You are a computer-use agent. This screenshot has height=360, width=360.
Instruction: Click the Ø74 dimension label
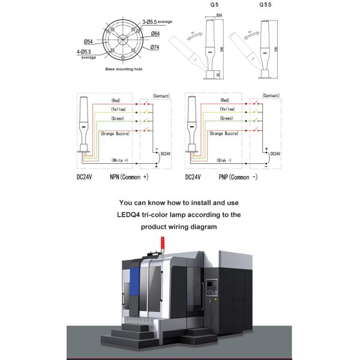point(155,47)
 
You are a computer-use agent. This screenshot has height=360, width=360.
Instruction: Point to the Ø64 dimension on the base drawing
point(155,34)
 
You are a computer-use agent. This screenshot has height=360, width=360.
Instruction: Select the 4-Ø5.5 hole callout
point(88,52)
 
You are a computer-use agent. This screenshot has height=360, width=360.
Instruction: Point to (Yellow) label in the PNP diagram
point(227,110)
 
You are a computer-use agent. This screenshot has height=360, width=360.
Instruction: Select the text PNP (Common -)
point(237,178)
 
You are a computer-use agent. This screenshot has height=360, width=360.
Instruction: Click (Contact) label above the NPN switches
point(161,95)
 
